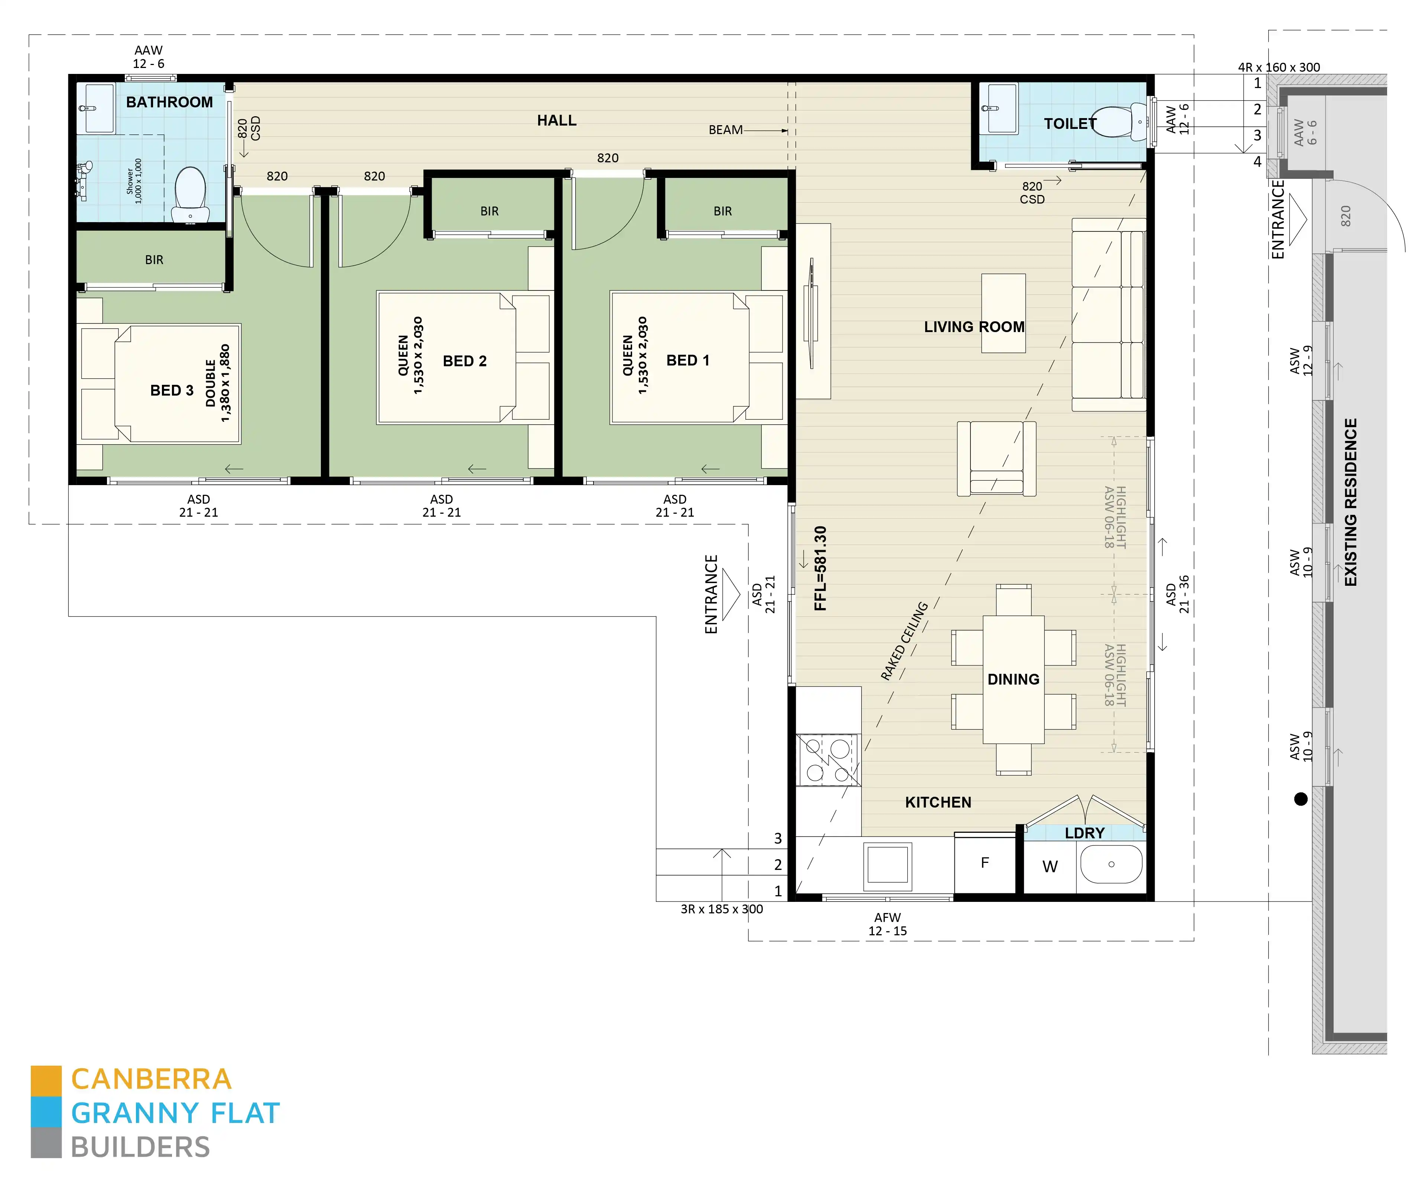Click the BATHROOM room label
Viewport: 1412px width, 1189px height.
tap(169, 103)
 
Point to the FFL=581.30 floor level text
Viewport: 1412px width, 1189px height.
tap(820, 568)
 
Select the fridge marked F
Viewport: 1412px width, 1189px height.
tap(985, 864)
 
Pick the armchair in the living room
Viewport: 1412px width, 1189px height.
tap(996, 458)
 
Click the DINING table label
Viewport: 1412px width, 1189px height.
tap(1013, 679)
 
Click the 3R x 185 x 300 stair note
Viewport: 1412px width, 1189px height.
tap(721, 909)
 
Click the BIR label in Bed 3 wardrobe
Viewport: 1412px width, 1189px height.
tap(154, 260)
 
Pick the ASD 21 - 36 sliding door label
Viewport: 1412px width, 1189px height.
tap(1177, 594)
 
